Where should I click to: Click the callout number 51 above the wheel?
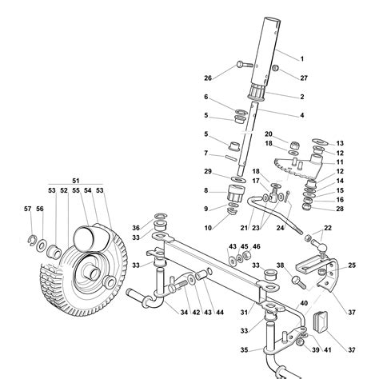76,181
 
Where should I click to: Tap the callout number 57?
28,209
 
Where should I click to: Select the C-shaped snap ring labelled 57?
31,239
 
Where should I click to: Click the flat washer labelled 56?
42,245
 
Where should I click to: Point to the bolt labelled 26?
245,65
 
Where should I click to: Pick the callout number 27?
304,78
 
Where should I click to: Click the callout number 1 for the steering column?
302,59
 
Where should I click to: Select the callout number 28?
340,209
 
